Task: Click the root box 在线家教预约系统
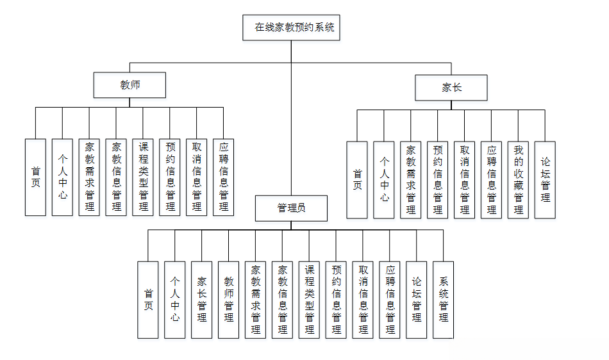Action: pos(292,28)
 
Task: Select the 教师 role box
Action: pos(129,85)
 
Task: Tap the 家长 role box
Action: pos(451,88)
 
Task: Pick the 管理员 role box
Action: pos(291,208)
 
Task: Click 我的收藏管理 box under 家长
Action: pos(518,179)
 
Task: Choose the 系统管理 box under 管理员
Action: pos(443,299)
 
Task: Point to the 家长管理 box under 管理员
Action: pos(201,299)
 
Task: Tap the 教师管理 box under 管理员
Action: pos(228,299)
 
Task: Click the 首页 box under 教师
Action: pos(36,177)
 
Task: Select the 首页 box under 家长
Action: pos(357,179)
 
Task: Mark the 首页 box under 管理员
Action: pos(148,299)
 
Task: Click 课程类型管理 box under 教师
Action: pos(143,177)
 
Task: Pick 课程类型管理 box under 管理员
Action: pos(309,299)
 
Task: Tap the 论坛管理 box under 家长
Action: pos(545,179)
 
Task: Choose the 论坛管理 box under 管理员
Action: pos(416,299)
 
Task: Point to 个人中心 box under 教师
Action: pos(62,177)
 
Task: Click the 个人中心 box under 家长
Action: pos(384,179)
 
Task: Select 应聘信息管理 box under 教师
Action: pos(223,177)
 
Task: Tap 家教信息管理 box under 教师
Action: pos(116,177)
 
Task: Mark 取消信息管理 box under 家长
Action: pos(464,179)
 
